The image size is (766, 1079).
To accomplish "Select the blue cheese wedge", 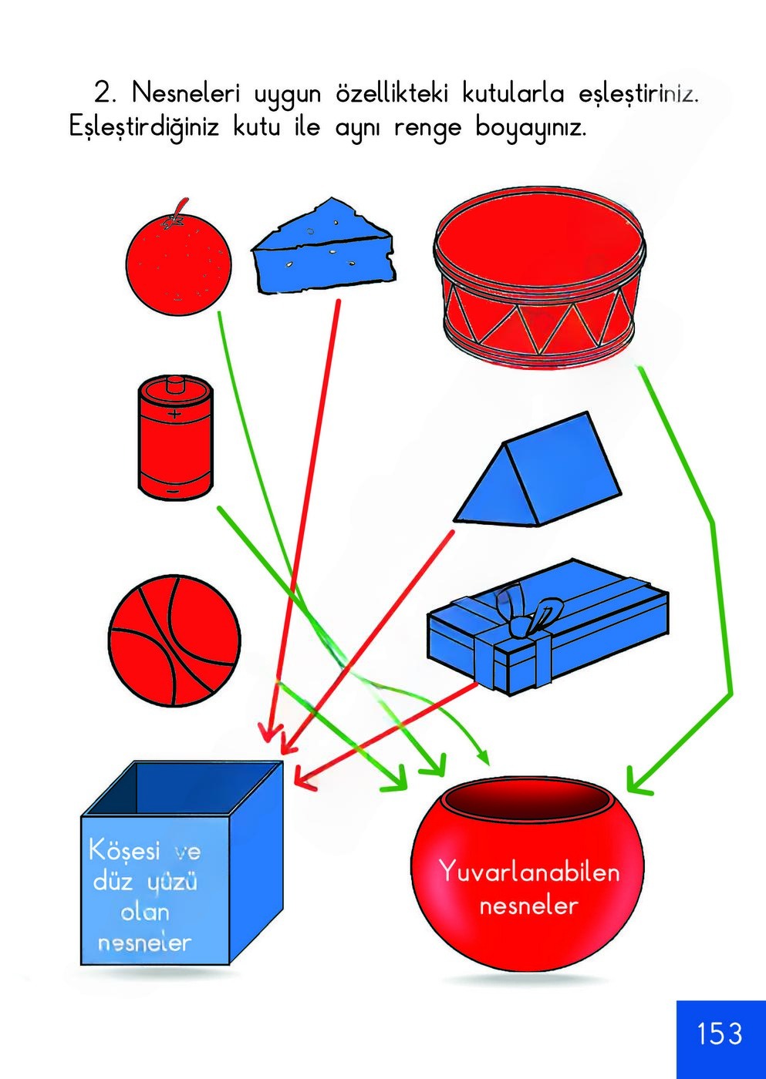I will pyautogui.click(x=324, y=248).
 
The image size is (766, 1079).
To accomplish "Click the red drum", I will pyautogui.click(x=538, y=283).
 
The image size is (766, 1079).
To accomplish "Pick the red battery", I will pyautogui.click(x=175, y=439).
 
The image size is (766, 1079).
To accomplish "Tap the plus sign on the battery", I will pyautogui.click(x=175, y=415).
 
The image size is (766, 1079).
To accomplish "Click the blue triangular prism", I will pyautogui.click(x=538, y=472).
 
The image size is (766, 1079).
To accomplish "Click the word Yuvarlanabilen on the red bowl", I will pyautogui.click(x=529, y=872).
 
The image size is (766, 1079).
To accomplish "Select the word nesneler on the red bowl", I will pyautogui.click(x=528, y=904).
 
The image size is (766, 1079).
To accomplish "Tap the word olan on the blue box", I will pyautogui.click(x=144, y=913).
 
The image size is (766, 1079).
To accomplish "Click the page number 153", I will pyautogui.click(x=720, y=1034).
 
